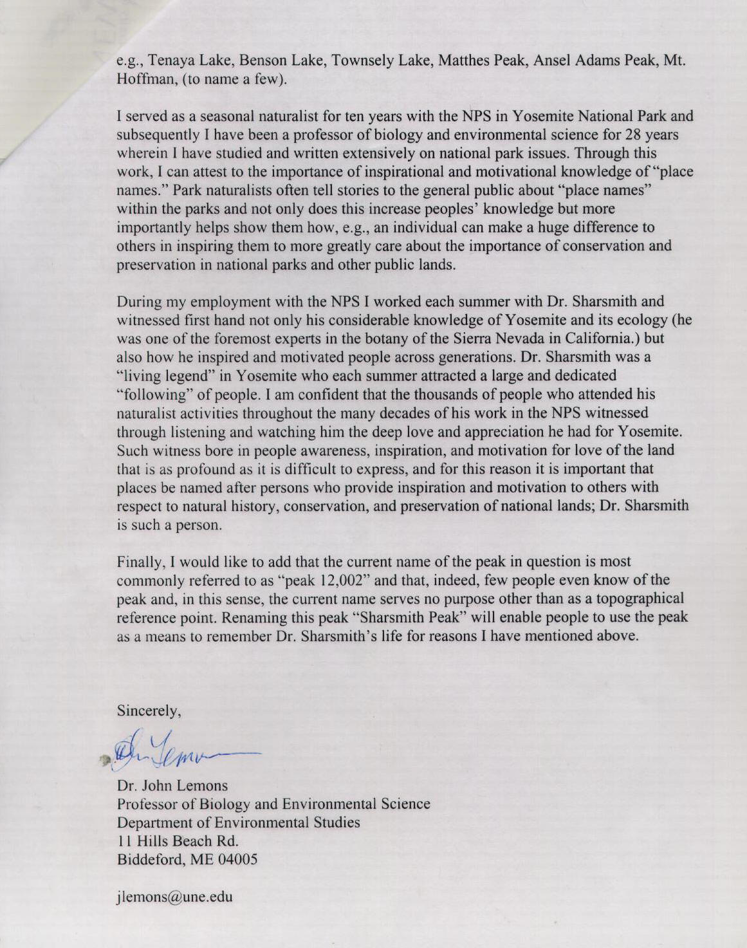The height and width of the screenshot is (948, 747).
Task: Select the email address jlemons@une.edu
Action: [x=174, y=897]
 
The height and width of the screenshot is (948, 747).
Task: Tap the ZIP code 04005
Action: [x=237, y=859]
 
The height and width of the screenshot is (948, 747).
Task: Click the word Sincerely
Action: [x=148, y=711]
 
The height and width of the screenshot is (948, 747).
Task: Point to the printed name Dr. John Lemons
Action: [x=172, y=785]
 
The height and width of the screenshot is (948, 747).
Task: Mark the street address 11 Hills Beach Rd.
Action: [x=177, y=841]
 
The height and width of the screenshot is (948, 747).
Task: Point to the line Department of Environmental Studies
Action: [x=238, y=822]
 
